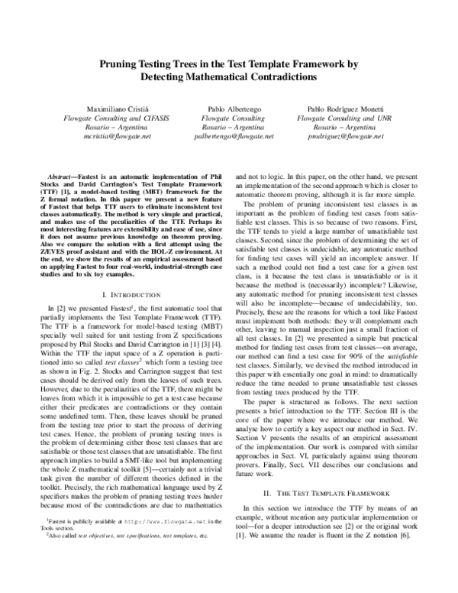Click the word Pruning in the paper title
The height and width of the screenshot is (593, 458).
point(121,66)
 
